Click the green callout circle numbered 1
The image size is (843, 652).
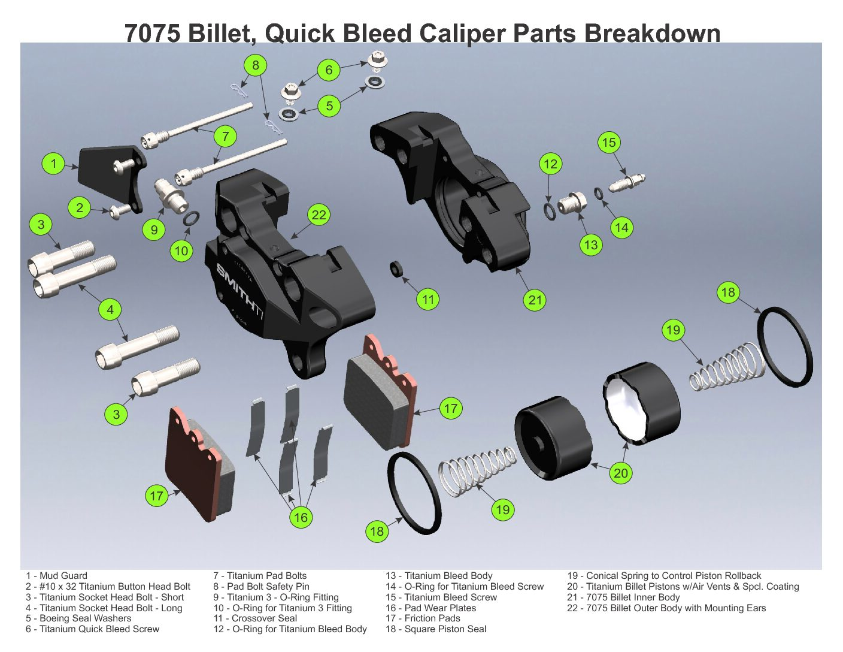click(x=54, y=163)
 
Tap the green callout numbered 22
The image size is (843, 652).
click(x=319, y=215)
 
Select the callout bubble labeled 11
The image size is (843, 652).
click(x=428, y=299)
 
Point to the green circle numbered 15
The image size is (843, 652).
click(x=609, y=143)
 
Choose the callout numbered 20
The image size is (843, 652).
click(x=621, y=473)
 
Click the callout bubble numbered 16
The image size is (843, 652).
click(x=301, y=517)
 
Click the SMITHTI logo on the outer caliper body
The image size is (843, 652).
click(x=239, y=291)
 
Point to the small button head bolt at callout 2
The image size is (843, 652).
click(x=119, y=211)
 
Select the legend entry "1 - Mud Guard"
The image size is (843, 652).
click(x=56, y=575)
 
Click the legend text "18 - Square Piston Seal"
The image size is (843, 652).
click(x=436, y=629)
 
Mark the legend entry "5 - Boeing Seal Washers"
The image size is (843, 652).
click(x=78, y=618)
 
